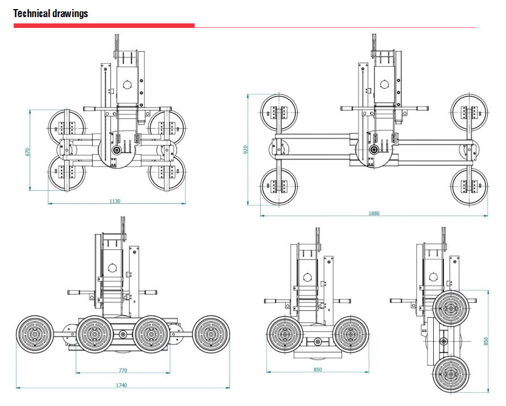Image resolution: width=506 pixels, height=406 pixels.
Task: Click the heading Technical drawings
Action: click(x=51, y=13)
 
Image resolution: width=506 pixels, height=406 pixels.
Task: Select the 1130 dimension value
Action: click(x=115, y=201)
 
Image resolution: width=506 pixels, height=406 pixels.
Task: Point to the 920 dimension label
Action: click(x=246, y=150)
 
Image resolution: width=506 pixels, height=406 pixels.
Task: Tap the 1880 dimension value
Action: click(x=373, y=214)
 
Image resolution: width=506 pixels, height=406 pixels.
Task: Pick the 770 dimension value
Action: click(x=122, y=371)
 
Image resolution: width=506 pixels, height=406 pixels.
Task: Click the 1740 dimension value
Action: click(x=121, y=386)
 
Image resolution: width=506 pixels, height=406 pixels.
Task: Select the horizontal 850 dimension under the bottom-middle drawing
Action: click(x=318, y=370)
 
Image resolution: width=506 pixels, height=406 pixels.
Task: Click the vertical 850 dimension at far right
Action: click(x=486, y=341)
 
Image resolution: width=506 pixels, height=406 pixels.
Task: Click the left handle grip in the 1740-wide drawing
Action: click(x=75, y=292)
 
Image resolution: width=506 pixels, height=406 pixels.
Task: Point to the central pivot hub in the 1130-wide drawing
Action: click(x=117, y=150)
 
